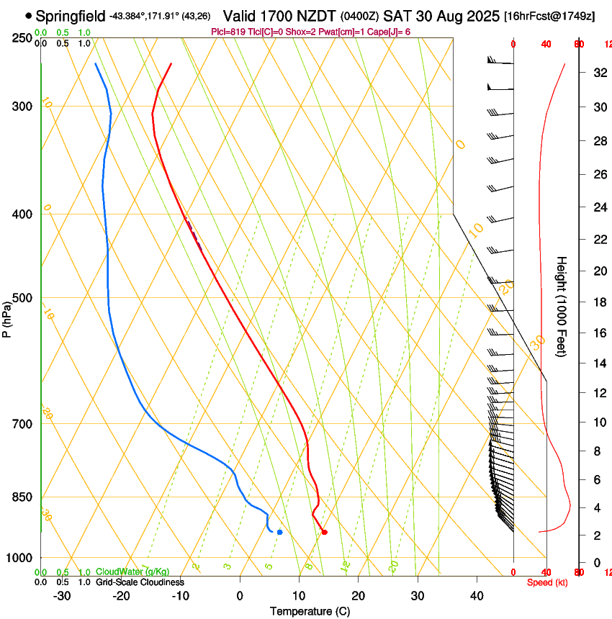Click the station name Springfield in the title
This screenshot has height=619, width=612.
tap(71, 16)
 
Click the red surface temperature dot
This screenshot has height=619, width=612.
tap(325, 533)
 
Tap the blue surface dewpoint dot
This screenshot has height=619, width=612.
tap(279, 533)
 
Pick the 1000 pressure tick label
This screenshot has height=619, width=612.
tap(19, 558)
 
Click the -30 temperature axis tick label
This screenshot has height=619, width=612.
tap(62, 596)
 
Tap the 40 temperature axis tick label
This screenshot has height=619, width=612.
tap(476, 596)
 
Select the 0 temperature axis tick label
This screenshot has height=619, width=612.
tap(240, 596)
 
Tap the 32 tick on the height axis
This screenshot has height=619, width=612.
tap(598, 73)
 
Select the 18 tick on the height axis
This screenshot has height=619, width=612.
tap(598, 302)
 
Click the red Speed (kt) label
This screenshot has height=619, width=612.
tap(547, 582)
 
